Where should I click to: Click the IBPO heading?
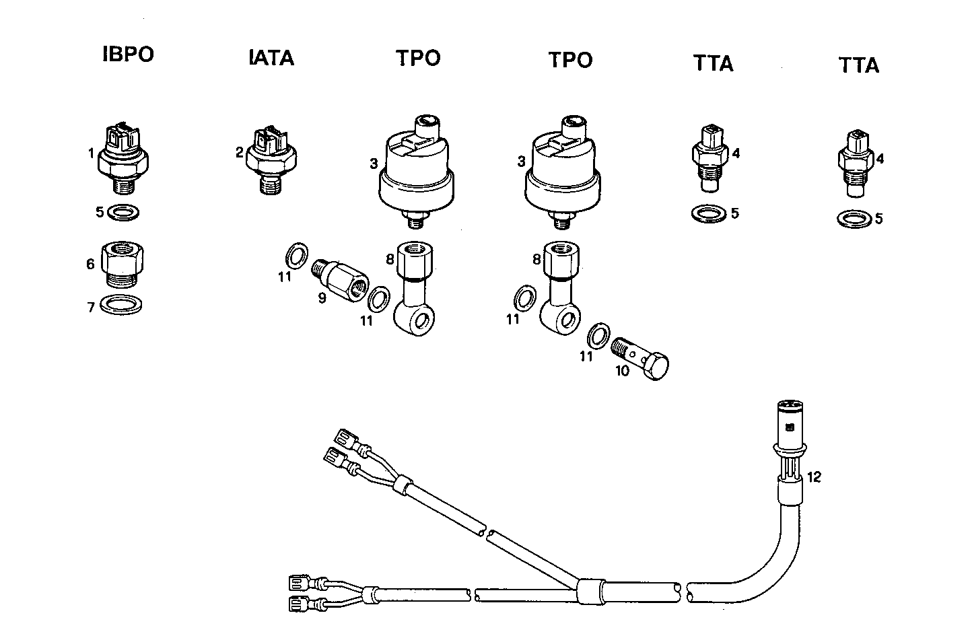[x=128, y=55]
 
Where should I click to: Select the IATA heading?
[x=271, y=58]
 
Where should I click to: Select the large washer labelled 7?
[x=121, y=305]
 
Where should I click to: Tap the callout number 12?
[x=814, y=477]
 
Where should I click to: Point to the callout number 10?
[x=622, y=370]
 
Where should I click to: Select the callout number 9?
[x=322, y=297]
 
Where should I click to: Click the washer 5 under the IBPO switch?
[x=124, y=213]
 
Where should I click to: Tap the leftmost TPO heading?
[x=417, y=58]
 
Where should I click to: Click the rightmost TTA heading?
[x=859, y=65]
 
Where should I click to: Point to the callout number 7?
[x=92, y=307]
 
